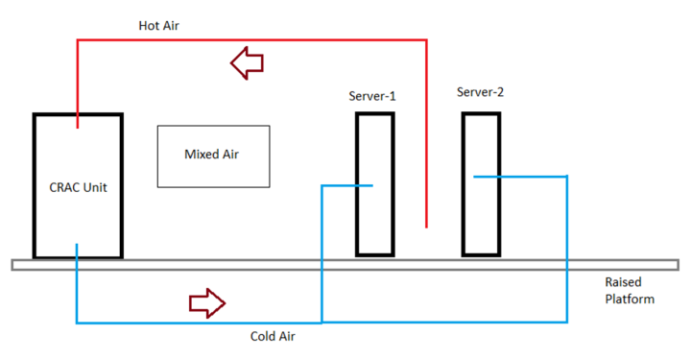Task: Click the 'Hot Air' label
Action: (159, 26)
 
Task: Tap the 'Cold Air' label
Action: (273, 337)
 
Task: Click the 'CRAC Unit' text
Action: (78, 187)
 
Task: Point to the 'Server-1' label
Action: (372, 96)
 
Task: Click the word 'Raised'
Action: (625, 282)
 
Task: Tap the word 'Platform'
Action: (630, 299)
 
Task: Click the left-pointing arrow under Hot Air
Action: (248, 64)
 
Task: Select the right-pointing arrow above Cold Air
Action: (206, 303)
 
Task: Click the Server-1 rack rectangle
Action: (374, 221)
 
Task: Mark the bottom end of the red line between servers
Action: (425, 228)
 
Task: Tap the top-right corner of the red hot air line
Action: (425, 40)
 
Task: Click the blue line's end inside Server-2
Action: (475, 176)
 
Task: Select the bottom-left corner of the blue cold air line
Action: (77, 322)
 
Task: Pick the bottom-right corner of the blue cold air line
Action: (567, 322)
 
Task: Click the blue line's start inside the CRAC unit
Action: (77, 245)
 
